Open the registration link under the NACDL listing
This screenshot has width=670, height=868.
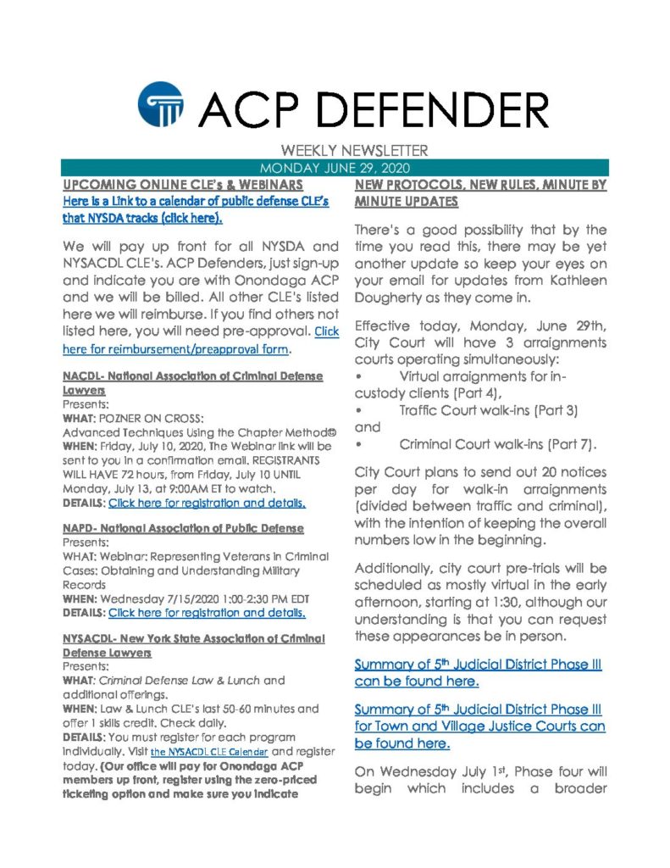(x=207, y=504)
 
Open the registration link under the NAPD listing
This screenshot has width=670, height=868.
(x=207, y=612)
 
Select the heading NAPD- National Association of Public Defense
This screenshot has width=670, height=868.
(x=183, y=529)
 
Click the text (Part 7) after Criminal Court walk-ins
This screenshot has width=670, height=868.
(x=568, y=444)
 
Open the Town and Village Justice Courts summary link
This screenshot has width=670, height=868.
(x=479, y=726)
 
